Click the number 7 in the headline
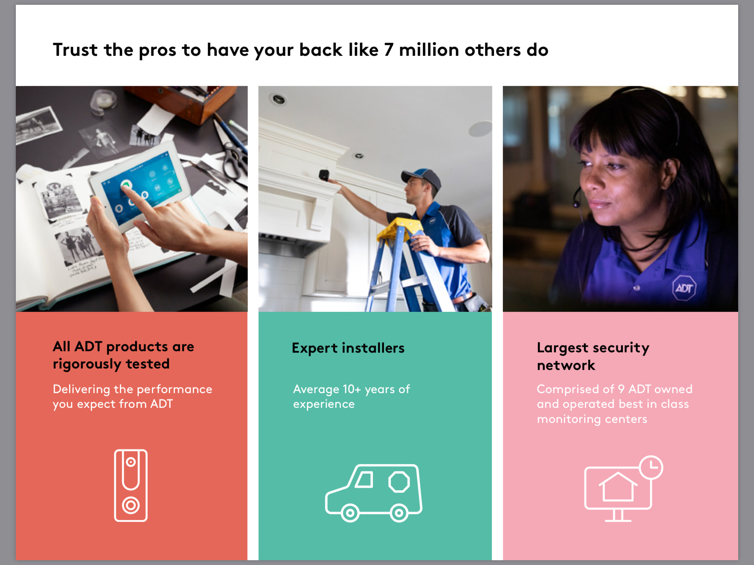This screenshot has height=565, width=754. (389, 50)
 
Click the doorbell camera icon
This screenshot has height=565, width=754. (131, 485)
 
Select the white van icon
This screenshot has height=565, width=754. (374, 493)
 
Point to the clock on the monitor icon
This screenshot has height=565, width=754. (651, 467)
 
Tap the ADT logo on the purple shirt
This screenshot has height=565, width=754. (684, 288)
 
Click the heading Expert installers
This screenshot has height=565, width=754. (348, 348)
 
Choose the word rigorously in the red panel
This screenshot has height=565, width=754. (87, 364)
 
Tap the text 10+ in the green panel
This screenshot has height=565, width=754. (352, 389)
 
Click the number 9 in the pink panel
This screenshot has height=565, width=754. (621, 389)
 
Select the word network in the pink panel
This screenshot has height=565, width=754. (566, 365)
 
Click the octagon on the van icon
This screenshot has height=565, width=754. (399, 482)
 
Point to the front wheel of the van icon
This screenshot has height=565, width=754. (350, 513)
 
